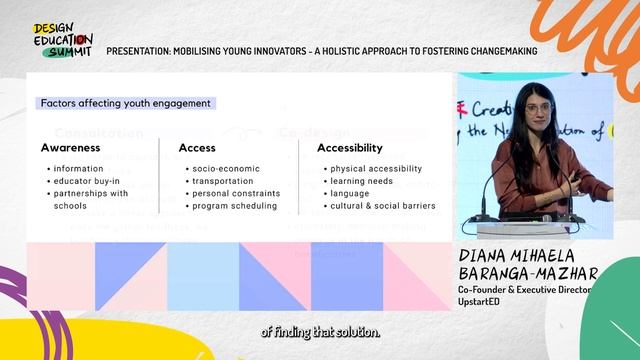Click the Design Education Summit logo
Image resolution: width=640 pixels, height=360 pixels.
point(62,38)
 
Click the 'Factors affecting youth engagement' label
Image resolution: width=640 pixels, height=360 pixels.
point(125,103)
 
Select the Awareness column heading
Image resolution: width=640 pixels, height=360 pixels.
point(70,148)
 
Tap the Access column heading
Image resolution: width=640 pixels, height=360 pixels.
point(197,148)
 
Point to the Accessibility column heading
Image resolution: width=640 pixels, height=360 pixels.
point(350,148)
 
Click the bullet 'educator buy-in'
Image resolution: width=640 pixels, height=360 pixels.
point(88,181)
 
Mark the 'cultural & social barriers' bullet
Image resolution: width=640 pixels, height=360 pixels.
point(382,206)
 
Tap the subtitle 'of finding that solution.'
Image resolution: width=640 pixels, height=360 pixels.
point(320,333)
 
